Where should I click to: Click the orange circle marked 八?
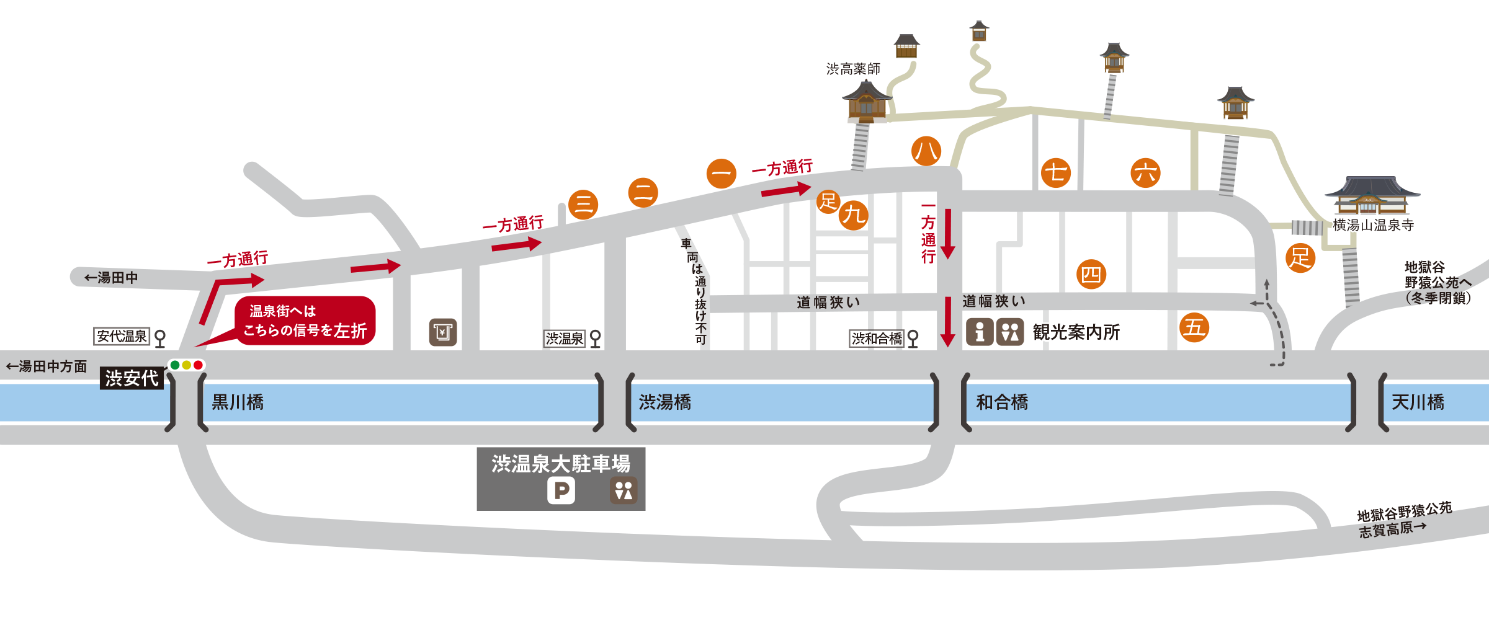(926, 151)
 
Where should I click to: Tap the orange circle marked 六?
(1145, 173)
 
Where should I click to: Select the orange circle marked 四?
(1091, 275)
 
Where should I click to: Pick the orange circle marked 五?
(1194, 327)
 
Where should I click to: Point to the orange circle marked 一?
(721, 173)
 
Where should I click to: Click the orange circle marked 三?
(583, 204)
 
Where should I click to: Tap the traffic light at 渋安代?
(186, 365)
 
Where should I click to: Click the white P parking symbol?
(561, 491)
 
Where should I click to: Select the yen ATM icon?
(443, 332)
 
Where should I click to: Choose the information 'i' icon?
(980, 332)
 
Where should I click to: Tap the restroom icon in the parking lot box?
(624, 490)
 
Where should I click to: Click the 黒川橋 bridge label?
(238, 402)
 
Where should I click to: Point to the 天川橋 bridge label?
(1418, 402)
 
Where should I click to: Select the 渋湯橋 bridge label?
(665, 402)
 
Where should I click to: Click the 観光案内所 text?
(1076, 332)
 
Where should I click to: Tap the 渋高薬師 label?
(853, 69)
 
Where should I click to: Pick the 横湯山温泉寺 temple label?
(1374, 225)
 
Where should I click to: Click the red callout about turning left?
(305, 321)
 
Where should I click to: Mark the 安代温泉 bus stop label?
(122, 336)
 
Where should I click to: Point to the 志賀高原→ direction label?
(1392, 529)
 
